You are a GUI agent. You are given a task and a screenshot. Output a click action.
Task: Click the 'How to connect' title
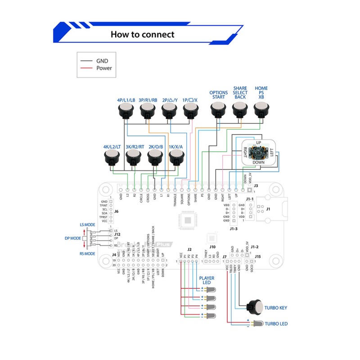(x=142, y=34)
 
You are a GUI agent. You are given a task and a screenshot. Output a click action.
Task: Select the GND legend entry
(x=102, y=60)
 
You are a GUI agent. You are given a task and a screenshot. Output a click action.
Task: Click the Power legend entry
(x=104, y=68)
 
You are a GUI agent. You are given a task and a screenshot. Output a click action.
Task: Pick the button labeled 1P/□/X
(x=190, y=109)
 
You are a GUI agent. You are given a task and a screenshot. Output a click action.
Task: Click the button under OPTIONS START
(x=218, y=109)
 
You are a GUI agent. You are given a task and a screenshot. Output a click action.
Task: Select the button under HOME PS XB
(x=261, y=109)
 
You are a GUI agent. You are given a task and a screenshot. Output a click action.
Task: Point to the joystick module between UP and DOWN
(x=258, y=153)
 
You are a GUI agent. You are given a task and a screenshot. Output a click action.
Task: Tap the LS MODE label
(x=87, y=224)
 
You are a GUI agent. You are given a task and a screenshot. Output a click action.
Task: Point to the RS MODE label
(x=88, y=253)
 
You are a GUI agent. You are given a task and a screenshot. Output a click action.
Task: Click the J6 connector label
(x=116, y=211)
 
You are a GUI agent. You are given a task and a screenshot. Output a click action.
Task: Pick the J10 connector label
(x=212, y=247)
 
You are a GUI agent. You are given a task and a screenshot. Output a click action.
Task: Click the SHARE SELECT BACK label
(x=240, y=93)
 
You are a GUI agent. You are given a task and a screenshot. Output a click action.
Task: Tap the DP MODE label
(x=72, y=238)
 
